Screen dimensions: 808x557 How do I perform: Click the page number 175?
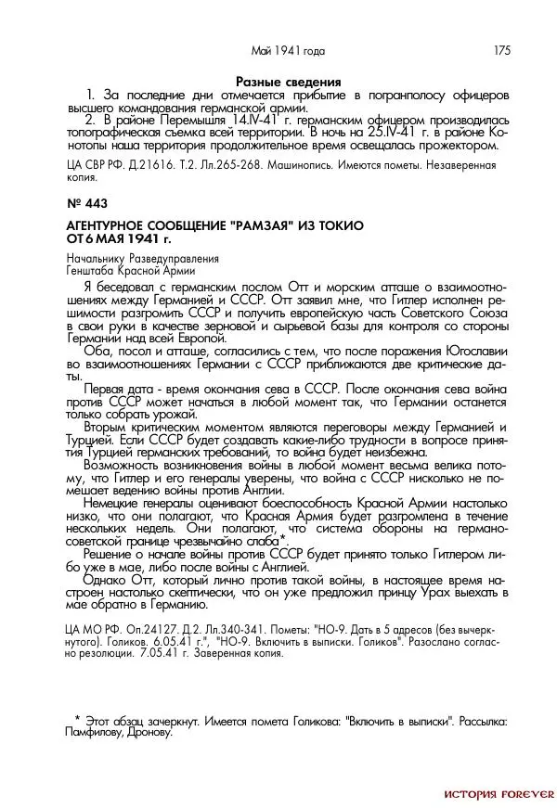[x=501, y=50]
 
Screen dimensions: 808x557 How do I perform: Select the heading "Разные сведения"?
[x=289, y=83]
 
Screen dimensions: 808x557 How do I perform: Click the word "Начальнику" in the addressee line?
[x=96, y=259]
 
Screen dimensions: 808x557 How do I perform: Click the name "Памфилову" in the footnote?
[x=100, y=732]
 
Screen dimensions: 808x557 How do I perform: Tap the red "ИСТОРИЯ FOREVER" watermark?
[x=499, y=794]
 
